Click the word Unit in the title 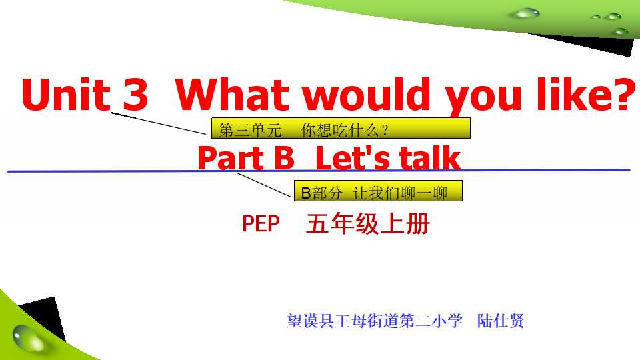coord(66,94)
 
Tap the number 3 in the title coord(135,94)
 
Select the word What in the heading coord(232,94)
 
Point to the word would coord(366,94)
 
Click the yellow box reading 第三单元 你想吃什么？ coord(341,128)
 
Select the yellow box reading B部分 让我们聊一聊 coord(378,191)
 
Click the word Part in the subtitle coord(231,159)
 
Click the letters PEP coord(261,224)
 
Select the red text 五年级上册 coord(368,224)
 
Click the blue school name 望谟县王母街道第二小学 coord(375,321)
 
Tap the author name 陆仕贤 coord(501,321)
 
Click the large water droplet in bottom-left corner coord(28,337)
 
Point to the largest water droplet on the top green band coord(526,13)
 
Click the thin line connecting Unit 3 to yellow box coord(159,123)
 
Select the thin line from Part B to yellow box coord(264,185)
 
